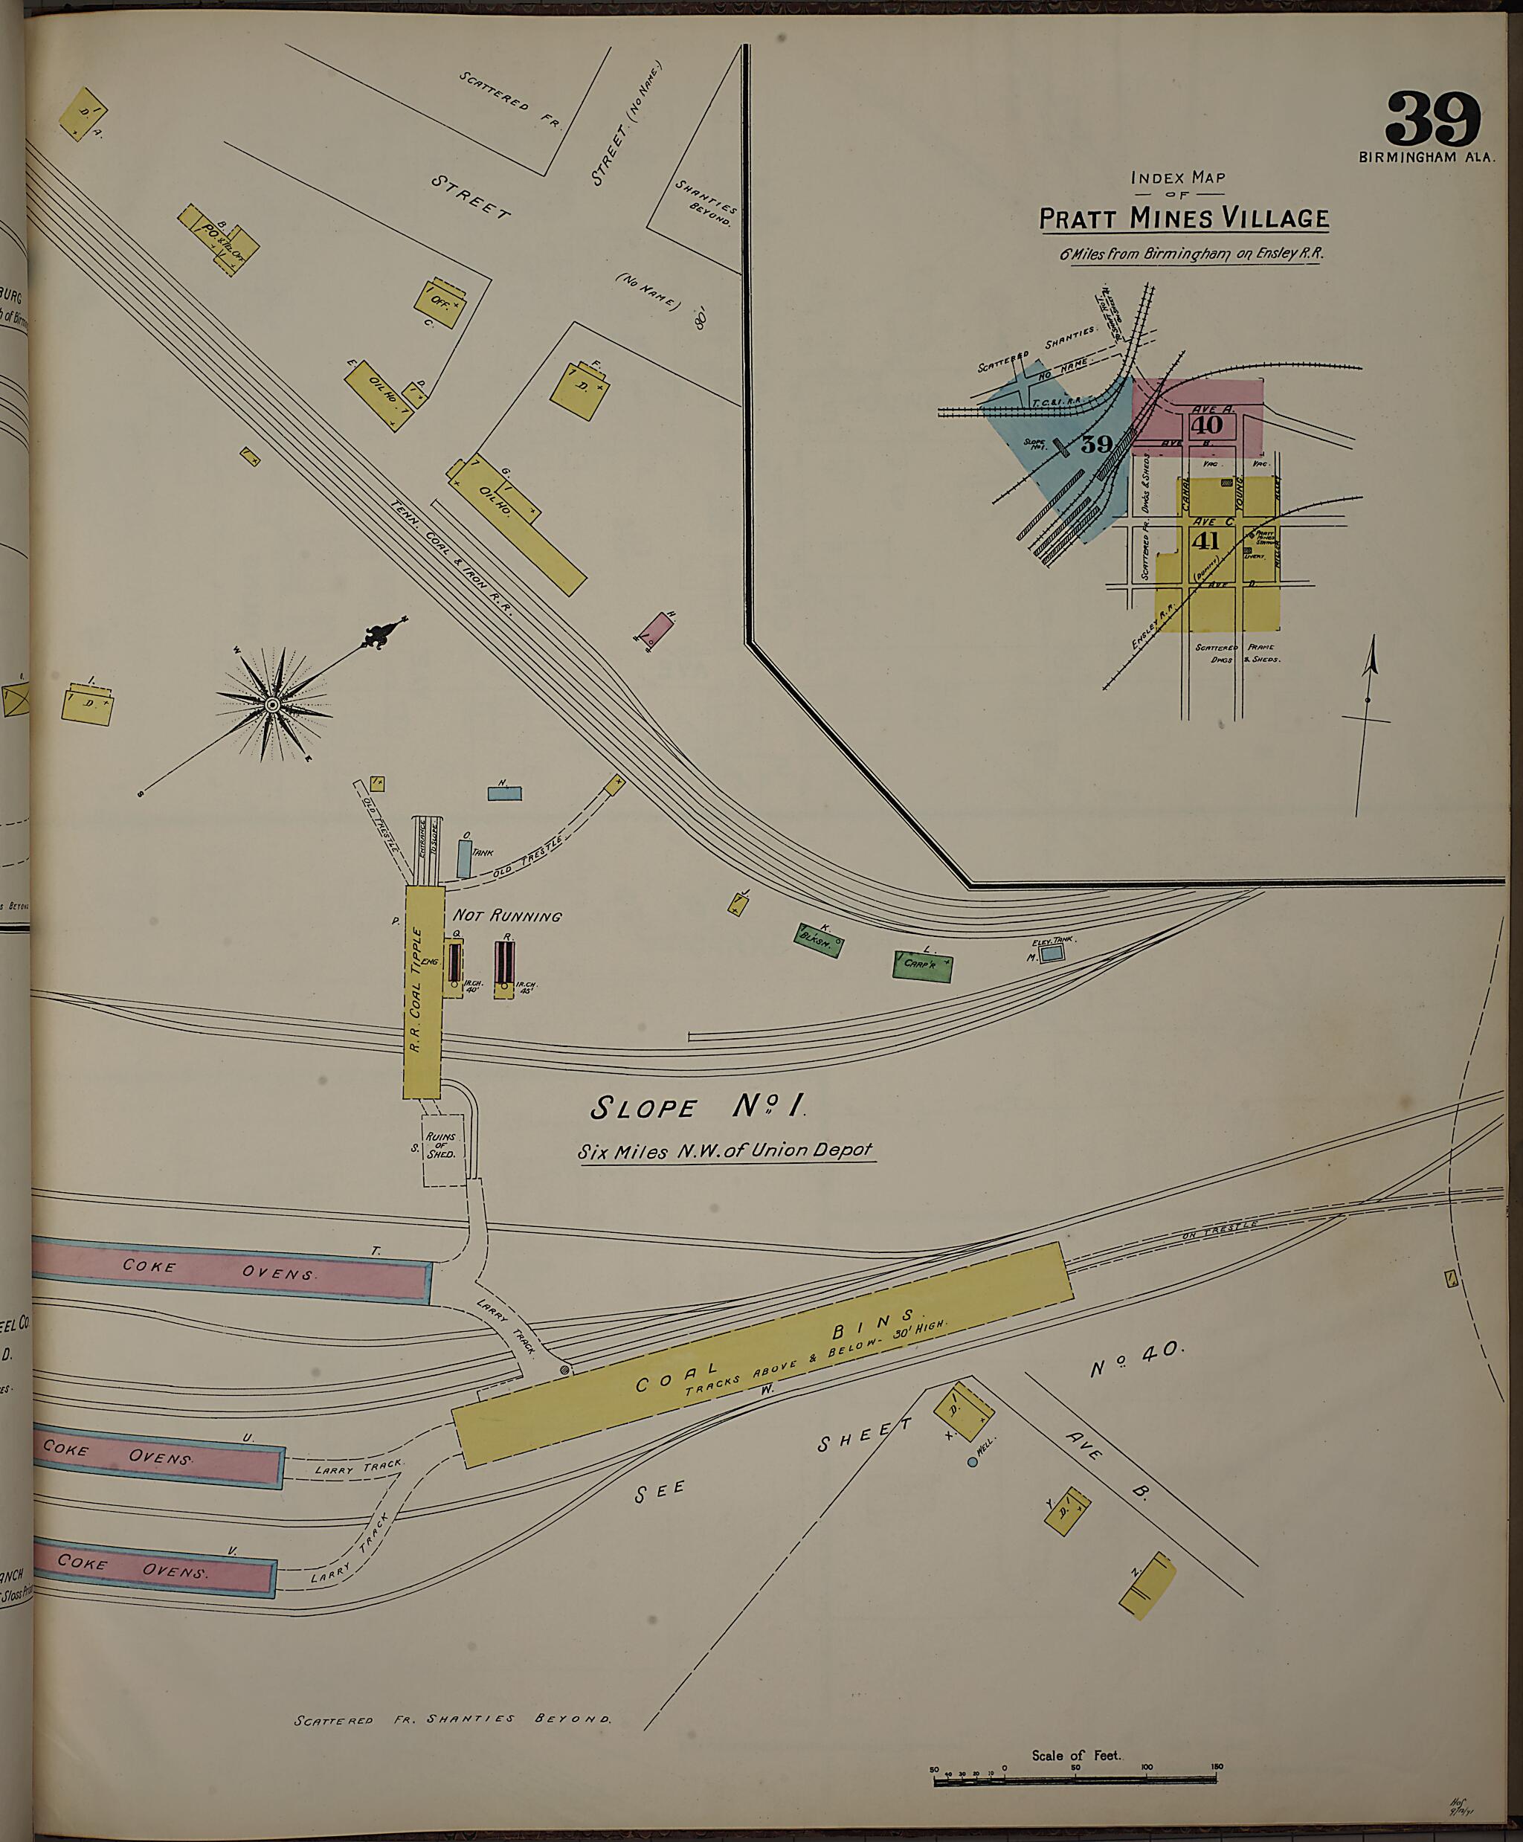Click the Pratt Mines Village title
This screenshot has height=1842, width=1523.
tap(1183, 218)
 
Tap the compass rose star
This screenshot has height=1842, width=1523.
tap(273, 704)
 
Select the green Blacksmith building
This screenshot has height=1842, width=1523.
tap(818, 939)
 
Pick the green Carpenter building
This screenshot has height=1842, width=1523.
tap(922, 965)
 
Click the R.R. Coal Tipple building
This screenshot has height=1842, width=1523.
tap(421, 991)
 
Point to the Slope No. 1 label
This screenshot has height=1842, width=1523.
tap(698, 1108)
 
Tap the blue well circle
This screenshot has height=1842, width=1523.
tap(972, 1461)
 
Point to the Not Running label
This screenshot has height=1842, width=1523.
tap(506, 915)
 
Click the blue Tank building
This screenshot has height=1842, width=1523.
tap(464, 859)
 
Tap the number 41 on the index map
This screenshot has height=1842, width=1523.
tap(1205, 541)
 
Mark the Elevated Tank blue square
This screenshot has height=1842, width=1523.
tap(1051, 951)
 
